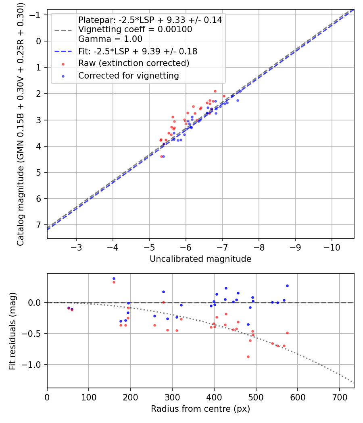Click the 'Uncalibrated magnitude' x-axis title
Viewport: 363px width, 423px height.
(x=200, y=259)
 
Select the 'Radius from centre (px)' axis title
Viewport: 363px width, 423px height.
(x=200, y=409)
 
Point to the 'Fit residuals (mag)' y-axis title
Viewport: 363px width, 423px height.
(x=13, y=331)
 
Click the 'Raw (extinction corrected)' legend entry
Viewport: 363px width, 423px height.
(x=134, y=63)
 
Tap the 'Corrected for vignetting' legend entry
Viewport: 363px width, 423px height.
(x=128, y=75)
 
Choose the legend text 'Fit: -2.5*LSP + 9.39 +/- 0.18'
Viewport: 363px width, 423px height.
(x=138, y=52)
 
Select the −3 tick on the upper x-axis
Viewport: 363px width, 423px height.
(x=76, y=247)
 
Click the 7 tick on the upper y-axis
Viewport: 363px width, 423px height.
(x=40, y=225)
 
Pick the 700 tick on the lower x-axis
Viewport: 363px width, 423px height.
(x=339, y=396)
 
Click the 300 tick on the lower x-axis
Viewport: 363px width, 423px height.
(x=172, y=396)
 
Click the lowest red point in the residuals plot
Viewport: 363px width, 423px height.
(x=248, y=357)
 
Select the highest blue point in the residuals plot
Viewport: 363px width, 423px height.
(x=114, y=278)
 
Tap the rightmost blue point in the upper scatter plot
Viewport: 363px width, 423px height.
(x=238, y=100)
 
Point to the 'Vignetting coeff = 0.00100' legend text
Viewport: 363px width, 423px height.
(x=135, y=29)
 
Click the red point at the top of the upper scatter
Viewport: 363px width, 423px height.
(x=215, y=91)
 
